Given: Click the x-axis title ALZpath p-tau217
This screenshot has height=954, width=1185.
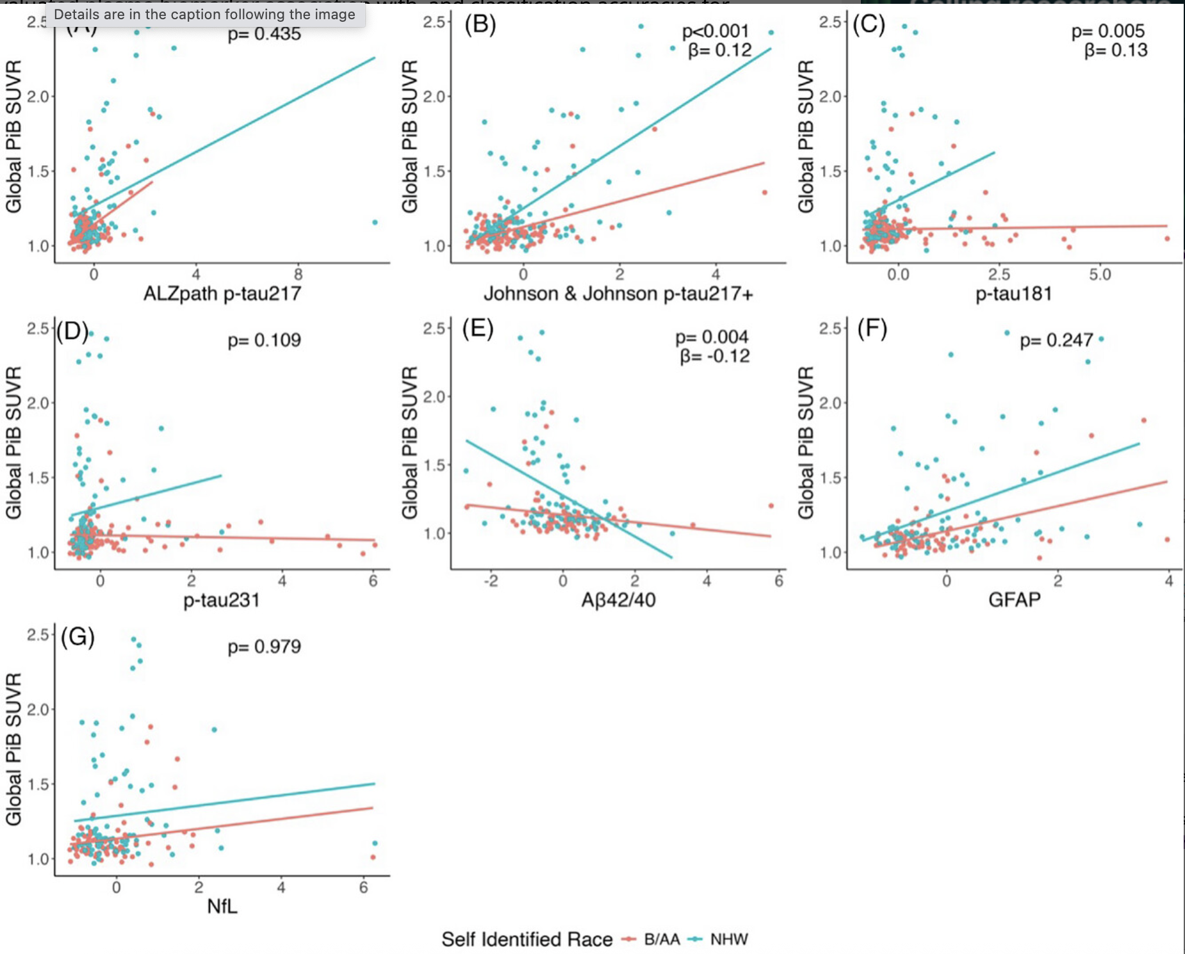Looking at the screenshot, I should tap(222, 293).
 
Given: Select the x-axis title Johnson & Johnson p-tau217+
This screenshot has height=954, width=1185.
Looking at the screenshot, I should tap(618, 293).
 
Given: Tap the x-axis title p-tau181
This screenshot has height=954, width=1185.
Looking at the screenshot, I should tap(1013, 293).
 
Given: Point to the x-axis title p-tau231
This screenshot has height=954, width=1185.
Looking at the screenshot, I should tap(222, 600).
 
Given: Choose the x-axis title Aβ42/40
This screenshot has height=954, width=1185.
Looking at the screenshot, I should tap(618, 600).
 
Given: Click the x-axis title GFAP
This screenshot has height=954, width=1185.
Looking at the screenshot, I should tap(1014, 600).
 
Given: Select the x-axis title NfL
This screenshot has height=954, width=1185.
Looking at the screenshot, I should tap(222, 906).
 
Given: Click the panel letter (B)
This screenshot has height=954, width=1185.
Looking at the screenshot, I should tap(480, 24).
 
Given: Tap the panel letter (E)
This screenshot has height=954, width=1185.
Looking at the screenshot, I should tap(478, 329).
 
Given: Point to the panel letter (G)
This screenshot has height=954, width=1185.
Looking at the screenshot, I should tap(78, 637).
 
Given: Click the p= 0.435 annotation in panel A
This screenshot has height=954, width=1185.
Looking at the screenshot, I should tap(264, 34).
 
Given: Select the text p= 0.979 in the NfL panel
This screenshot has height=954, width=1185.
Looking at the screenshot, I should tap(264, 647).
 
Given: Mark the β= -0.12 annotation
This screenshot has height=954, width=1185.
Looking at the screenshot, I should tap(715, 356).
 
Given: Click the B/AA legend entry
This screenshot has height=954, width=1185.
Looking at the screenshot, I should tap(661, 939).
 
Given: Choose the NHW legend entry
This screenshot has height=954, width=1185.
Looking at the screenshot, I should tap(728, 939).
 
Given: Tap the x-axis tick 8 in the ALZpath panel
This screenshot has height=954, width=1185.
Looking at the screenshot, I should tap(298, 275).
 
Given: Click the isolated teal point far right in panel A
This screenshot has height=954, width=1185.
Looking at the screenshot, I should tap(375, 222).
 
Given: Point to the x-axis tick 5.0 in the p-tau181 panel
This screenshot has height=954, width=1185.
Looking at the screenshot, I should tap(1100, 275).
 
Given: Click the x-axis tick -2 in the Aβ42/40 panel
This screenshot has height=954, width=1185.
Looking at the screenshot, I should tap(490, 581).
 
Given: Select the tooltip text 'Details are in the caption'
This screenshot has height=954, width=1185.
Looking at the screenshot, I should tap(204, 14).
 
